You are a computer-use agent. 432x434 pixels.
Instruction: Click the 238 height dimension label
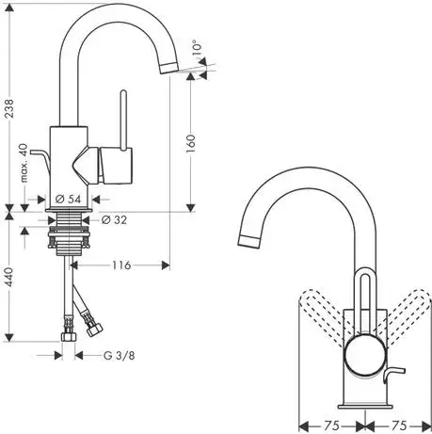(10, 108)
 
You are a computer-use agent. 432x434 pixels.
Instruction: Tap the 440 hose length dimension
(10, 277)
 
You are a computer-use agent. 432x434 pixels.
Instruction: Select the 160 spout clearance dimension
(191, 143)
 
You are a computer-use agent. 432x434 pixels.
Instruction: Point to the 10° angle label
(196, 47)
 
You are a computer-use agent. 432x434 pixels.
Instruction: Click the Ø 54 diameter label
(68, 199)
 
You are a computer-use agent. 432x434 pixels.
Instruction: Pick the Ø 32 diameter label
(115, 220)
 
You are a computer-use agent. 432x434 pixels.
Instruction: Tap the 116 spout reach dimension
(121, 265)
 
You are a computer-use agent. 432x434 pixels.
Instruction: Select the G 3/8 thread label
(120, 356)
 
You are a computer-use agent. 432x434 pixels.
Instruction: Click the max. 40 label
(24, 163)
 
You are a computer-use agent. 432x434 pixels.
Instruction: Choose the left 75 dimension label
(332, 426)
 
